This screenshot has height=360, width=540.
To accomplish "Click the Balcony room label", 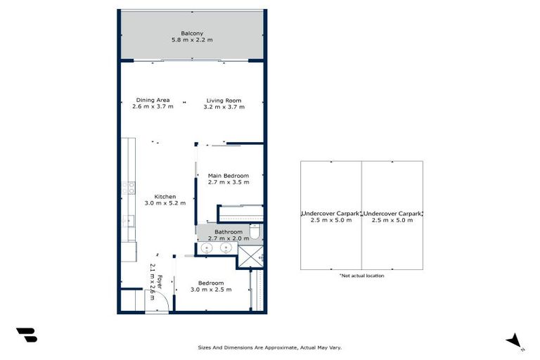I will tap(192, 33).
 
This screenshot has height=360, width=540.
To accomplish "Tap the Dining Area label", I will tap(153, 100).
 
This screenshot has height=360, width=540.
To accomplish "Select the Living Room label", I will tap(224, 100).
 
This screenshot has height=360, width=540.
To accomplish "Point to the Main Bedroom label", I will tap(229, 175).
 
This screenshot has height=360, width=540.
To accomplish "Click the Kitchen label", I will tap(165, 196).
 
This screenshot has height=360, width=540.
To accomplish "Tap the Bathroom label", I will tap(229, 232).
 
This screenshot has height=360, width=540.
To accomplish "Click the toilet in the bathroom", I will tap(257, 233).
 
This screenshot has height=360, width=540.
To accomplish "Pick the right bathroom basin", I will tap(226, 247).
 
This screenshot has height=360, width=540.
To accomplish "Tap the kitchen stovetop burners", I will tap(131, 188).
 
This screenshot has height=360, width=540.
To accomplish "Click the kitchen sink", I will tap(129, 221).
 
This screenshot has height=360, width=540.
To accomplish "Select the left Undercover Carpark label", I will tap(331, 212).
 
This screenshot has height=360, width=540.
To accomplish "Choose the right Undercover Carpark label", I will tap(392, 212).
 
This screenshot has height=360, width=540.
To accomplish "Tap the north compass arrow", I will tap(515, 340).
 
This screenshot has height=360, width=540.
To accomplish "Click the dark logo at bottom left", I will tap(26, 335).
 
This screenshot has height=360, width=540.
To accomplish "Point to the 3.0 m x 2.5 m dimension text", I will tap(210, 290).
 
